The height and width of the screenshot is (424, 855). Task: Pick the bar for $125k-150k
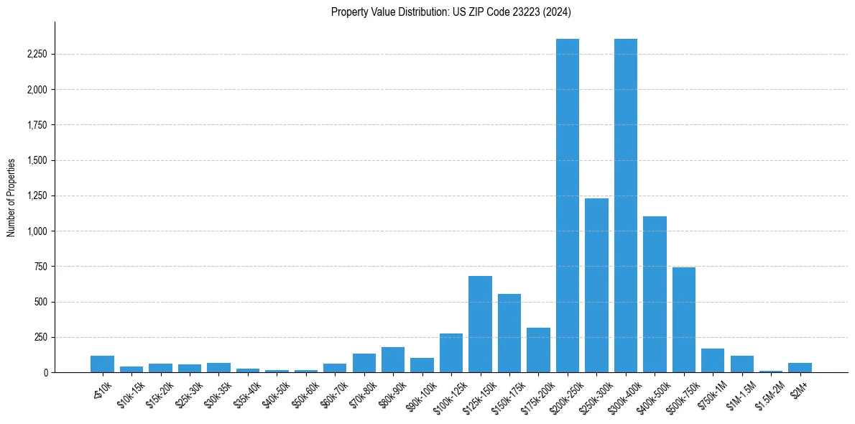pos(480,324)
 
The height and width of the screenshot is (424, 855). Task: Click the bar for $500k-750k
pos(684,320)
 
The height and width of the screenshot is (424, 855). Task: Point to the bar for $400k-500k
pos(655,295)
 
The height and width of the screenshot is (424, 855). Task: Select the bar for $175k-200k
pos(538,350)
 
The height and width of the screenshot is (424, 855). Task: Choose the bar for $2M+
pos(800,368)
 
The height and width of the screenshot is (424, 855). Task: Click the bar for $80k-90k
pos(393,360)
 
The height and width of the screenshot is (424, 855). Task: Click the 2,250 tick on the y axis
pos(37,55)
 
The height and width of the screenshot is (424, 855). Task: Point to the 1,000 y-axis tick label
pos(37,231)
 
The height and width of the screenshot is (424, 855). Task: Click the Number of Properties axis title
pos(11,198)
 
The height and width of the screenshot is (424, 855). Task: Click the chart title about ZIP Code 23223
pos(451,11)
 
